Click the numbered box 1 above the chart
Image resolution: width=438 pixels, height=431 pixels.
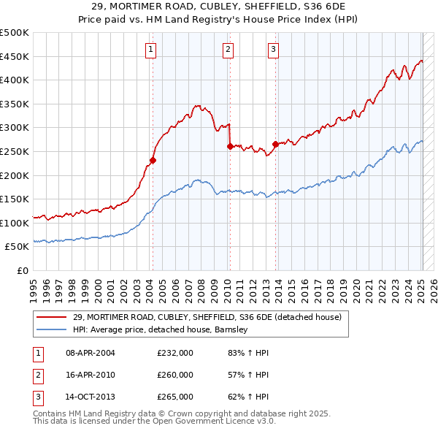pos(150,50)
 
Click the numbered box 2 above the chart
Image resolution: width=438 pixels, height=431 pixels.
pos(228,50)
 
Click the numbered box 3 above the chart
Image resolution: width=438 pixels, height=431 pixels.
pos(273,50)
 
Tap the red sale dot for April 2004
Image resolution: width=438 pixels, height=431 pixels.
pos(153,160)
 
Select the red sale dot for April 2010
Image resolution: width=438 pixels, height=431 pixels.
pos(230,146)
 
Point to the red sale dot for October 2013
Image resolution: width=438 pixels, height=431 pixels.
pos(275,144)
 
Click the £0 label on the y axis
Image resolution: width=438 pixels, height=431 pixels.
pos(22,271)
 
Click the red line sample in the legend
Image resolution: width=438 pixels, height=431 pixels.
pos(51,317)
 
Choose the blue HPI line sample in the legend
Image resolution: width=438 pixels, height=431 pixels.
pos(51,329)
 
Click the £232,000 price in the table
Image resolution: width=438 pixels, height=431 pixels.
pos(175,353)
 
